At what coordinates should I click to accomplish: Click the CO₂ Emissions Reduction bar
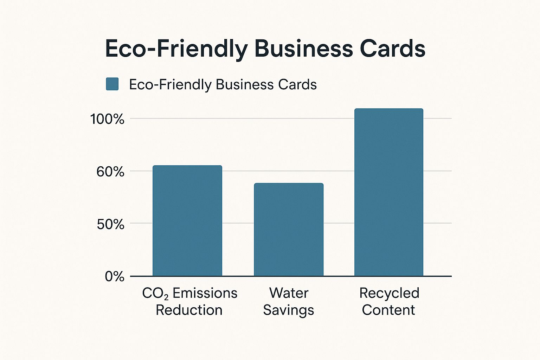pyautogui.click(x=187, y=221)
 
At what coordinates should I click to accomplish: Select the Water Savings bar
pyautogui.click(x=289, y=230)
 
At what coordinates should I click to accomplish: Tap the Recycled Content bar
pyautogui.click(x=389, y=192)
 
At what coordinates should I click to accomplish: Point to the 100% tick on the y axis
pyautogui.click(x=108, y=119)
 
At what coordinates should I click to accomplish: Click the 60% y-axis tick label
pyautogui.click(x=110, y=172)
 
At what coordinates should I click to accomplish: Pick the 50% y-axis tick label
pyautogui.click(x=110, y=224)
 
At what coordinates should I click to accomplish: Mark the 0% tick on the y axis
pyautogui.click(x=115, y=277)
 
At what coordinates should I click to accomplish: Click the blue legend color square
pyautogui.click(x=112, y=84)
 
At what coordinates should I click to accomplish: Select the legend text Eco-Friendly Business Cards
pyautogui.click(x=223, y=85)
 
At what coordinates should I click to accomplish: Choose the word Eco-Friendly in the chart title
pyautogui.click(x=176, y=49)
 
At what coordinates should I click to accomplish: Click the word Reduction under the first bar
pyautogui.click(x=189, y=310)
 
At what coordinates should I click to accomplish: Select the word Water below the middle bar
pyautogui.click(x=289, y=293)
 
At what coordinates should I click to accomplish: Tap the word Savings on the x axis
pyautogui.click(x=289, y=310)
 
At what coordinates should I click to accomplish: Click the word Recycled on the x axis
pyautogui.click(x=389, y=293)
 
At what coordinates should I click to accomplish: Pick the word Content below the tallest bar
pyautogui.click(x=388, y=310)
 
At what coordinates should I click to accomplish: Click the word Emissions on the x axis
pyautogui.click(x=205, y=293)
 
